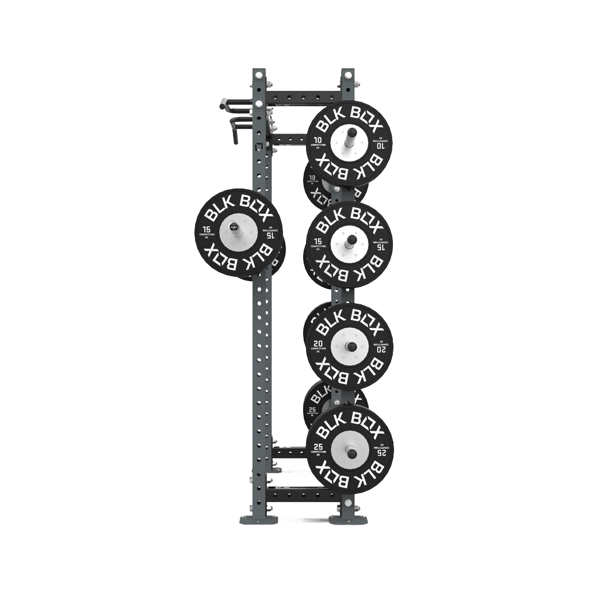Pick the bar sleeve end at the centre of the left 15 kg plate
coord(234,227)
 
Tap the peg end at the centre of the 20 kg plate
coord(349,346)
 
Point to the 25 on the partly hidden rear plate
coord(312,410)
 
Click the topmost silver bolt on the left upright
coord(258,75)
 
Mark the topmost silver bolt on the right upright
coord(347,74)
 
